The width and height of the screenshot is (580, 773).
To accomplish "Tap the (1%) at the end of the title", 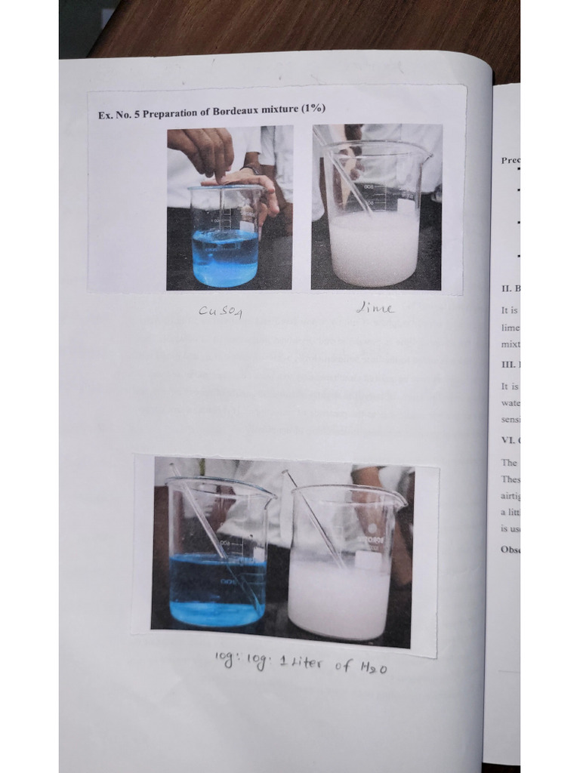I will click(x=313, y=109).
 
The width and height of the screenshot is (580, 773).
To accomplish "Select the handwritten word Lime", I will click(x=375, y=308).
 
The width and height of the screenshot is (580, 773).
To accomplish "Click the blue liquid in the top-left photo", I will click(x=224, y=257).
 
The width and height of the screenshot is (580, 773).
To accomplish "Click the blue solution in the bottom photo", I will click(x=215, y=589).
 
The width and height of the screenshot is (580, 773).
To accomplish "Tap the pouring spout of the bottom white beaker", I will click(x=398, y=500).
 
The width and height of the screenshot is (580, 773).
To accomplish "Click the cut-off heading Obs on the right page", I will click(x=510, y=549).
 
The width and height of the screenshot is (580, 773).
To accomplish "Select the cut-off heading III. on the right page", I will click(x=508, y=365).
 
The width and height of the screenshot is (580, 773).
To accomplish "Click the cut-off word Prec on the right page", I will click(x=510, y=160).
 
